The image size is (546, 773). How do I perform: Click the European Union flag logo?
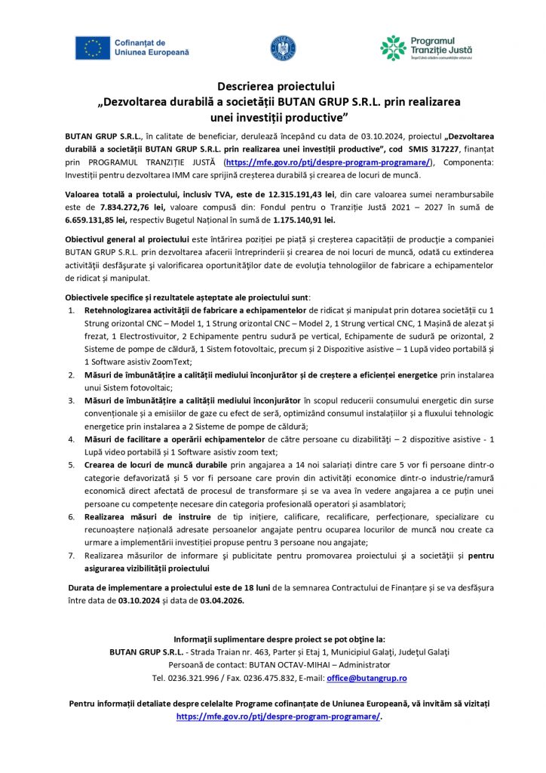point(92,48)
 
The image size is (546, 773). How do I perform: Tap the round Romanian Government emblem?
point(283,48)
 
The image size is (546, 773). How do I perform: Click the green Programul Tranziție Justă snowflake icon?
point(393,48)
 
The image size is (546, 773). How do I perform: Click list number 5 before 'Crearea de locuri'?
point(72,465)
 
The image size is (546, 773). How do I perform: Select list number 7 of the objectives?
point(72,555)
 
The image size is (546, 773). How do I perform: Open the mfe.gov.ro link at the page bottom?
point(278,716)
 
